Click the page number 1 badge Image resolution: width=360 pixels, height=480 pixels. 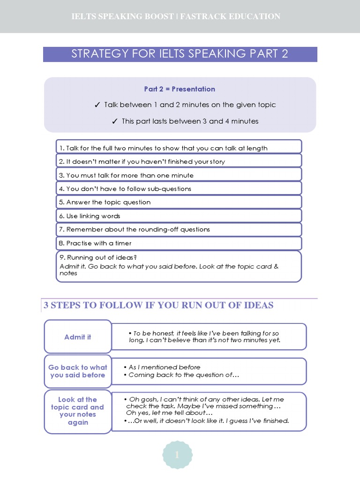(177, 455)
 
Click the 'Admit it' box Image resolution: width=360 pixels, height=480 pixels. (78, 337)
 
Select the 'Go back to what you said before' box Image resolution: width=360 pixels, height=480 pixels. (78, 371)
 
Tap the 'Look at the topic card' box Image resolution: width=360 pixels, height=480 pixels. (78, 411)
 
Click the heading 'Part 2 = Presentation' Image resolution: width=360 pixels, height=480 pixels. (180, 89)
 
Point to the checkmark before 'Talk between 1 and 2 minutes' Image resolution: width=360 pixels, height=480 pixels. (97, 105)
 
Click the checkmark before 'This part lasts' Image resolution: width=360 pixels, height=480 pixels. (115, 121)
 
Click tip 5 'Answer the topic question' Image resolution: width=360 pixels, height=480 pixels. (105, 202)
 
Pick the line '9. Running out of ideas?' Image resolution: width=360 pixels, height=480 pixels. (98, 257)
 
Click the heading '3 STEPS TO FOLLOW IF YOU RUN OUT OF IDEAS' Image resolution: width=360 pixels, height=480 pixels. (158, 305)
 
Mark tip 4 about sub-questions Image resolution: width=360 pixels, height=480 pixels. (122, 189)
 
